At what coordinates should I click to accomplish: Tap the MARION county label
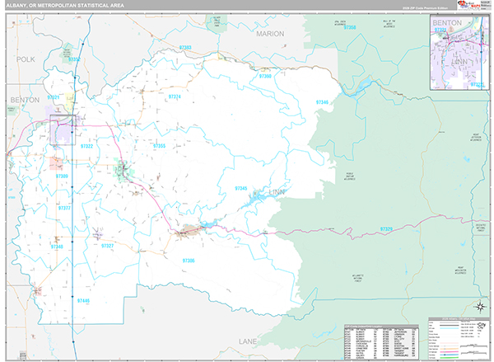click(x=268, y=34)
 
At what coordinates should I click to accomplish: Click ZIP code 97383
click(x=184, y=48)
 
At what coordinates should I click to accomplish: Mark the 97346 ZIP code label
click(x=323, y=102)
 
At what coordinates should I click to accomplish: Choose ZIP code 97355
click(x=159, y=146)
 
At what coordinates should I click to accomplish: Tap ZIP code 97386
click(x=189, y=261)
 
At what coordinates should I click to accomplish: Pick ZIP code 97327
click(x=108, y=246)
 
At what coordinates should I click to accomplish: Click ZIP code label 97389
click(x=63, y=176)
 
